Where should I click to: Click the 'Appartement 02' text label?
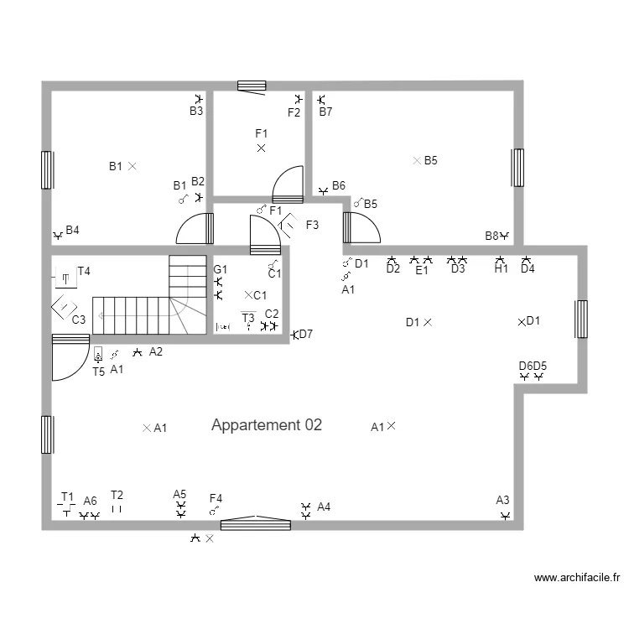tap(266, 425)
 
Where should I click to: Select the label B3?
tap(196, 111)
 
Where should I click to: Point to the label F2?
tap(294, 112)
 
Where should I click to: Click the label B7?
tap(325, 112)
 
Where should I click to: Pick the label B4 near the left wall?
tap(73, 230)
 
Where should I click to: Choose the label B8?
tap(491, 236)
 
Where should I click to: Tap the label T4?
tap(84, 271)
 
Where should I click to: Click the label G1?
tap(220, 269)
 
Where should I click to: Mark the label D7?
tap(306, 334)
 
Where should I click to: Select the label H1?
tap(501, 269)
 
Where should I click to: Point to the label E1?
tap(422, 270)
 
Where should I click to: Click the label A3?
tap(502, 500)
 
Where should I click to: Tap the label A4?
tap(324, 507)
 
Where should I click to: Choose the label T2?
tap(117, 495)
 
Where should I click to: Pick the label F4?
tap(216, 498)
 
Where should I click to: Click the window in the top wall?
tap(252, 86)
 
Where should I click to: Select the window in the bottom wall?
tap(256, 524)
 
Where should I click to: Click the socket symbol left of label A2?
tap(138, 353)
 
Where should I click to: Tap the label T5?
tap(98, 371)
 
